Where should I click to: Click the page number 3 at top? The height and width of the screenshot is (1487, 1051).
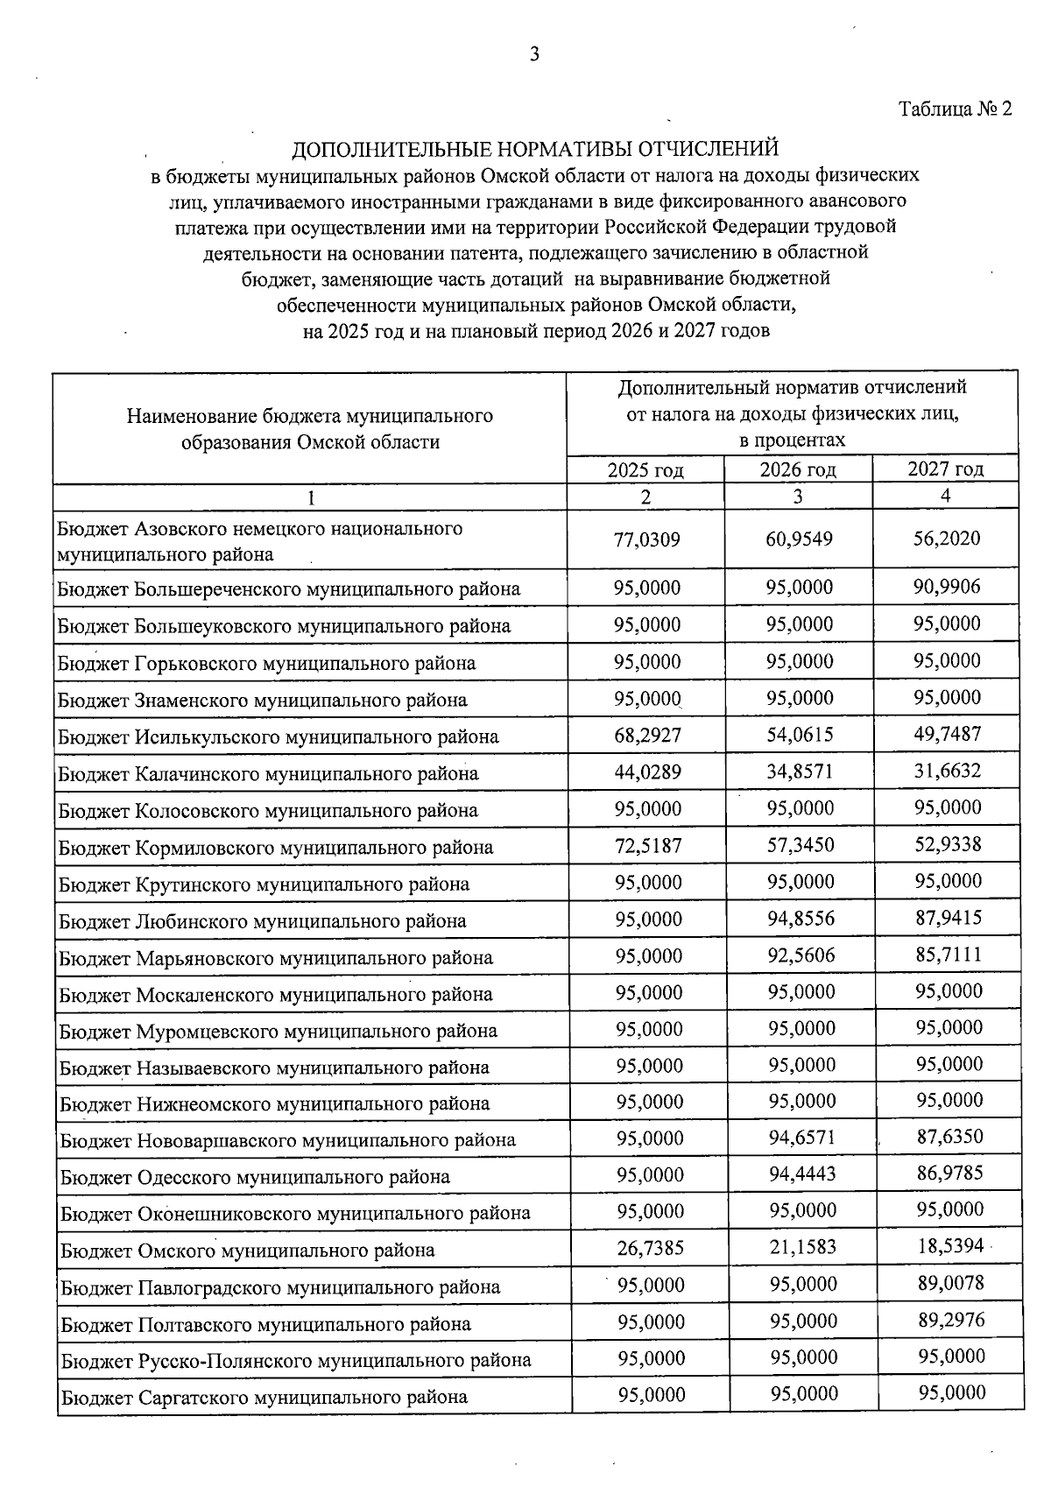pyautogui.click(x=534, y=55)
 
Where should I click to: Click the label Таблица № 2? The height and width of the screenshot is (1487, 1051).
pyautogui.click(x=955, y=109)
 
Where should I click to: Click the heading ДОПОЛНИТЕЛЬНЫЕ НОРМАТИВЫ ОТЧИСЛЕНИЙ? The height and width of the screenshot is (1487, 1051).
pyautogui.click(x=534, y=148)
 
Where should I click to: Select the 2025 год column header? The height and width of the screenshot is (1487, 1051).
pyautogui.click(x=645, y=469)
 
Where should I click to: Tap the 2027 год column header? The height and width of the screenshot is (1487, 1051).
pyautogui.click(x=945, y=469)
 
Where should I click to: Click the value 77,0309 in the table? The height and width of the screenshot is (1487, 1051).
pyautogui.click(x=647, y=539)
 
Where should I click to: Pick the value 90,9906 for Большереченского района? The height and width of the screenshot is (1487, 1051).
pyautogui.click(x=947, y=587)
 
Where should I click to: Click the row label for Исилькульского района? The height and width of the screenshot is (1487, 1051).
pyautogui.click(x=279, y=736)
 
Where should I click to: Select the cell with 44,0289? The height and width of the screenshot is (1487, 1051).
pyautogui.click(x=647, y=772)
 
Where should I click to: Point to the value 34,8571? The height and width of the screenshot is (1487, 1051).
pyautogui.click(x=799, y=772)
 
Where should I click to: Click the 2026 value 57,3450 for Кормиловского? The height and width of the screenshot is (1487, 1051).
pyautogui.click(x=799, y=845)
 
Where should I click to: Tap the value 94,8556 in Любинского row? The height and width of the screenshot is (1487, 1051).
pyautogui.click(x=800, y=919)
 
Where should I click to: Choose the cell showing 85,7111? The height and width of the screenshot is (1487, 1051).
pyautogui.click(x=948, y=955)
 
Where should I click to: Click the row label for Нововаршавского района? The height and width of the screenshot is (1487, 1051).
pyautogui.click(x=287, y=1140)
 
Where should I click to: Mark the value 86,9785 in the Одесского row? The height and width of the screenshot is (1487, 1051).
pyautogui.click(x=949, y=1173)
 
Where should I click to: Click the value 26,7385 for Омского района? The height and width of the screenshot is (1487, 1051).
pyautogui.click(x=650, y=1248)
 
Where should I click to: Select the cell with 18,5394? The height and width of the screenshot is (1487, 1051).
pyautogui.click(x=950, y=1246)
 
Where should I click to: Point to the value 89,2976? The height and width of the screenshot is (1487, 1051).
pyautogui.click(x=951, y=1320)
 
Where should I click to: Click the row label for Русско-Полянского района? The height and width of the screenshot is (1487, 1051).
pyautogui.click(x=295, y=1360)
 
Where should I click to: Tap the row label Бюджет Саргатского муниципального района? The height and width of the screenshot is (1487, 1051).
pyautogui.click(x=264, y=1397)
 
